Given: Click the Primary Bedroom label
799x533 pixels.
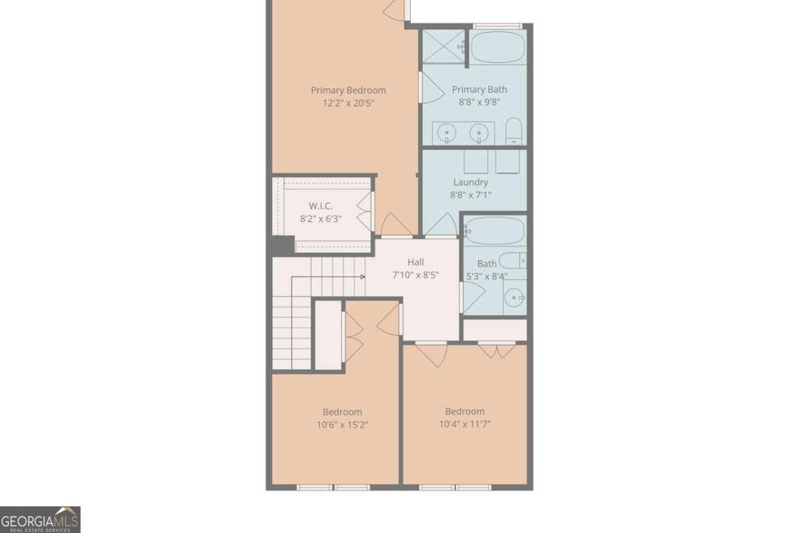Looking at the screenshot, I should [348, 91].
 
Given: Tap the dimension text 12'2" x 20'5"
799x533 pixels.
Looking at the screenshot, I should [348, 103].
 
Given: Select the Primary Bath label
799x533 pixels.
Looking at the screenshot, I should [479, 89].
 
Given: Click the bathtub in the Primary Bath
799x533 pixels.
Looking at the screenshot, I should [499, 47].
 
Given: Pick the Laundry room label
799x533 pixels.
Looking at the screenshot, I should [471, 182].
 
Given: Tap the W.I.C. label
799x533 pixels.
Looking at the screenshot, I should [320, 205].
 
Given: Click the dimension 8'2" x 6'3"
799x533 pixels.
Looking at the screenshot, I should [320, 218].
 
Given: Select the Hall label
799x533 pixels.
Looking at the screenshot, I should [415, 262].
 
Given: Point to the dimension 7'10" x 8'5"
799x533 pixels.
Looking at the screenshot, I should [415, 274].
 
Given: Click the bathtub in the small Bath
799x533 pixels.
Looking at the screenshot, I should [495, 231].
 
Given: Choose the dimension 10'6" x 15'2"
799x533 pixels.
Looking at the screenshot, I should [342, 424].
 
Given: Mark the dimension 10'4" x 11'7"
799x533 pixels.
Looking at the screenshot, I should [465, 424].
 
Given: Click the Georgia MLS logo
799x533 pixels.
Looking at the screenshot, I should [40, 519].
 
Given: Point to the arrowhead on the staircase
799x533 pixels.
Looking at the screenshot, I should [363, 276].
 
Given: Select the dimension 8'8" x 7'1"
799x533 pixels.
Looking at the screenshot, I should [471, 195].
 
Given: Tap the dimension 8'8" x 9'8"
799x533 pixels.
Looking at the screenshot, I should [479, 103].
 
